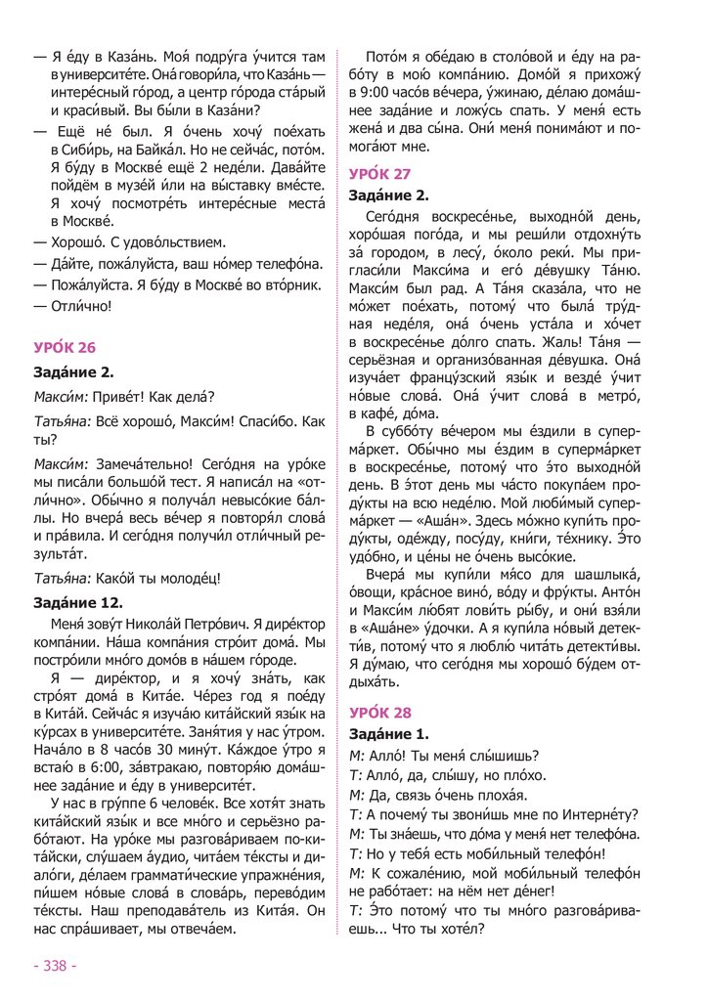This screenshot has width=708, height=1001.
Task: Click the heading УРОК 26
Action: [x=66, y=347]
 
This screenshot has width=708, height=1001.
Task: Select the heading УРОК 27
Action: [x=380, y=175]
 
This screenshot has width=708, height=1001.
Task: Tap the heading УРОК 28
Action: [x=380, y=712]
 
